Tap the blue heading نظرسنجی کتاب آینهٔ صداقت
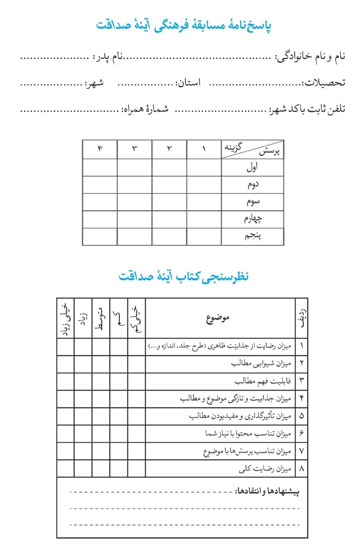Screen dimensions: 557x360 [184, 276]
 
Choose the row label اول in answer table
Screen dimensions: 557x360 [253, 168]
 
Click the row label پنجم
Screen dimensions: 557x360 [253, 236]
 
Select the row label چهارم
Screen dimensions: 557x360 [253, 219]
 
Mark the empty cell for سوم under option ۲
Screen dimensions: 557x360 [169, 202]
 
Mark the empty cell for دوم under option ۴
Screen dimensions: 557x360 [100, 185]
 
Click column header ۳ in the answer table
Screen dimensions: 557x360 [135, 149]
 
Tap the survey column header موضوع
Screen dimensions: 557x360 [220, 318]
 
